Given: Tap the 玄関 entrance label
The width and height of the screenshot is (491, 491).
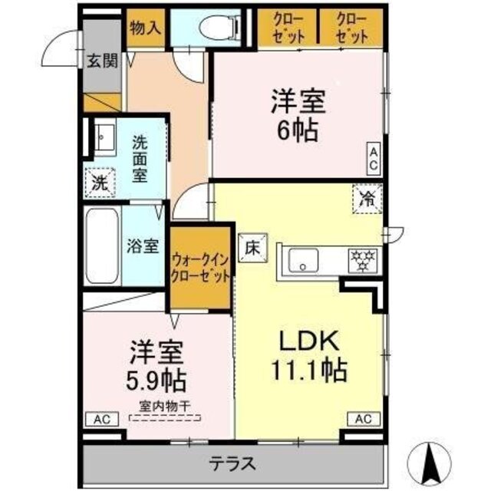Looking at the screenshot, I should pyautogui.click(x=101, y=61).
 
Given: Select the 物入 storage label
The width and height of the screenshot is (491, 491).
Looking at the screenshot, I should pyautogui.click(x=145, y=28).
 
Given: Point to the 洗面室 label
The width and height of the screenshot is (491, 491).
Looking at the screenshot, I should pyautogui.click(x=140, y=159).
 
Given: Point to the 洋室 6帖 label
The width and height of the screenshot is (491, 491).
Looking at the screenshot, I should pyautogui.click(x=294, y=115).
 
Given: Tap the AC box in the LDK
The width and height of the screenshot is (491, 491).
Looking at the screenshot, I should pyautogui.click(x=364, y=419).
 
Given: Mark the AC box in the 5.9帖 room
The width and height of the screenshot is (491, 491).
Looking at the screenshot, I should pyautogui.click(x=102, y=419).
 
